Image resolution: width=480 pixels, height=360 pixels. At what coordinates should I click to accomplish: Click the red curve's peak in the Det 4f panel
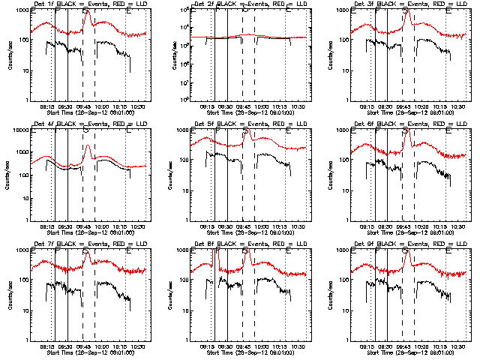click(88, 145)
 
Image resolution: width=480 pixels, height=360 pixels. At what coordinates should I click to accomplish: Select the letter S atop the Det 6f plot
click(406, 130)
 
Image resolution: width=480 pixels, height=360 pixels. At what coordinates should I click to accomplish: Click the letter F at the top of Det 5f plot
click(217, 130)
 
